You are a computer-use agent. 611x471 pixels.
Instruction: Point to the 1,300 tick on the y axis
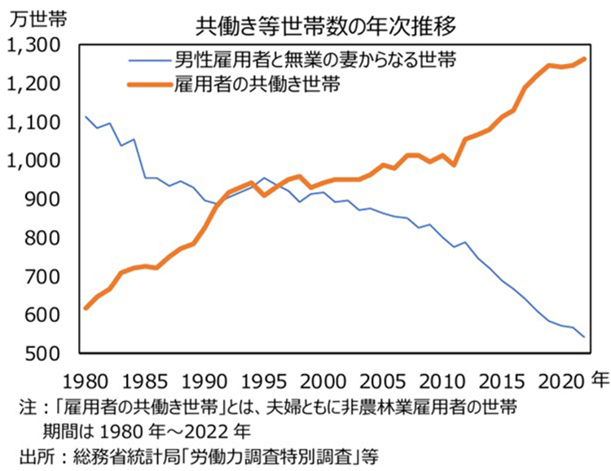point(30,46)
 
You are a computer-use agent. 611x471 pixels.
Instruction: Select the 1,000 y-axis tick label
point(30,161)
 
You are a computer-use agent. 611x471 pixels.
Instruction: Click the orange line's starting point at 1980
point(86,308)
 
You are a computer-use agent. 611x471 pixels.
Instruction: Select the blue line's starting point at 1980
point(86,117)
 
